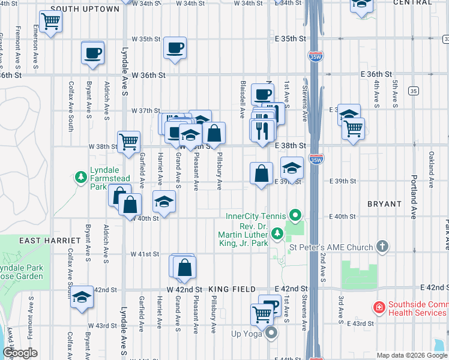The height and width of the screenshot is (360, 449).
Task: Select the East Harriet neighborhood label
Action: point(47,241)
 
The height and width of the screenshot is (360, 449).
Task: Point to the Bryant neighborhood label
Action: point(384,204)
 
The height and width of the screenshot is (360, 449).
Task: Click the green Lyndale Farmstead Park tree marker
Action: point(80,178)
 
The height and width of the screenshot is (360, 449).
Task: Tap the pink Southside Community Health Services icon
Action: point(379,308)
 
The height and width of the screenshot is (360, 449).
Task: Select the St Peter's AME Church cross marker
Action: point(382,247)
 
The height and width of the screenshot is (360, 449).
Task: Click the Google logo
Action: point(20,353)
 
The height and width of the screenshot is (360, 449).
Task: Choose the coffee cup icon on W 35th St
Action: point(175,47)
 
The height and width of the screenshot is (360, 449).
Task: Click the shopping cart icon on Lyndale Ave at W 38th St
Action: point(128,142)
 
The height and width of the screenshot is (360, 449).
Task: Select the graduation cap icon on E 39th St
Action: point(292,167)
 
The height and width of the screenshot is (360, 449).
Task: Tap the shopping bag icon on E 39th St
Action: point(261,173)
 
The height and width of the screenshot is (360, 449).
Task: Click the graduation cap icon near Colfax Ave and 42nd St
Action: point(82,298)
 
